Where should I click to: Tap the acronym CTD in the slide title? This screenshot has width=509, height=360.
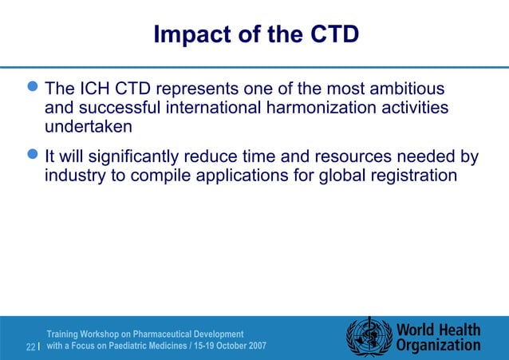(x=329, y=35)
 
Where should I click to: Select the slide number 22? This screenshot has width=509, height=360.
(x=30, y=347)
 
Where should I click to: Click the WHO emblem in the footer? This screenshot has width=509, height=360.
(x=369, y=336)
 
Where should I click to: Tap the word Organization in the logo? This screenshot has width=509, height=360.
(x=438, y=346)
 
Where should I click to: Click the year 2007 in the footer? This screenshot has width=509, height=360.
(x=252, y=346)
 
